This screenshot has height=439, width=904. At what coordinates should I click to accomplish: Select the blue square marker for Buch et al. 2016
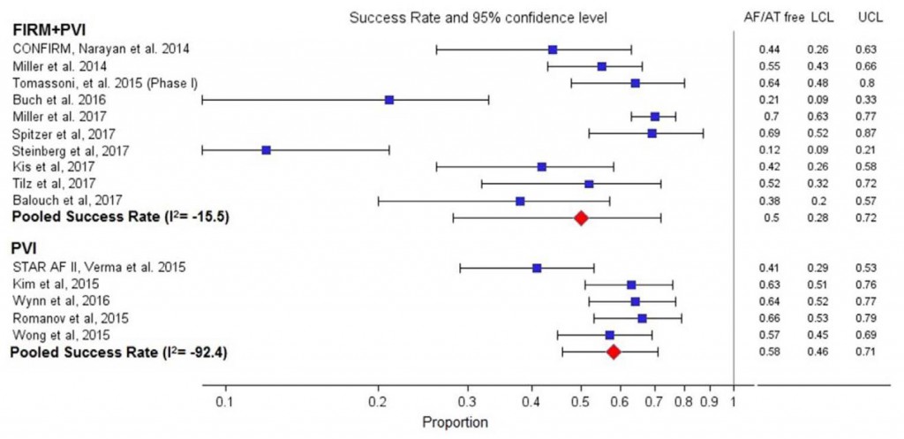click(389, 100)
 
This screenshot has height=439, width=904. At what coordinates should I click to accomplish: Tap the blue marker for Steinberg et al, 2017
click(266, 150)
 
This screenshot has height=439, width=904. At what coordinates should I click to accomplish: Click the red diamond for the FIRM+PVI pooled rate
click(581, 217)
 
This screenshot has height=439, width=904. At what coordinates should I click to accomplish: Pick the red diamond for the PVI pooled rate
click(614, 352)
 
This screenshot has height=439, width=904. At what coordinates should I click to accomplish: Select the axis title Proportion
click(456, 422)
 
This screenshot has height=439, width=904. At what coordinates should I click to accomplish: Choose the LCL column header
click(822, 18)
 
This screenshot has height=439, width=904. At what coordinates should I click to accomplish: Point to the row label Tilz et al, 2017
click(55, 184)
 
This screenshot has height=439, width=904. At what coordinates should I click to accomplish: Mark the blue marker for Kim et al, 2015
click(631, 284)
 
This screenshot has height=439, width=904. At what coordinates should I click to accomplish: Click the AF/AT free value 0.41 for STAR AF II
click(768, 268)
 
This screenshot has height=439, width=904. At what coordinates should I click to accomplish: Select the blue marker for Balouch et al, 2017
click(520, 201)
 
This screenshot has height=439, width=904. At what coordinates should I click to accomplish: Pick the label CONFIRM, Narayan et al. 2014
click(100, 49)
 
